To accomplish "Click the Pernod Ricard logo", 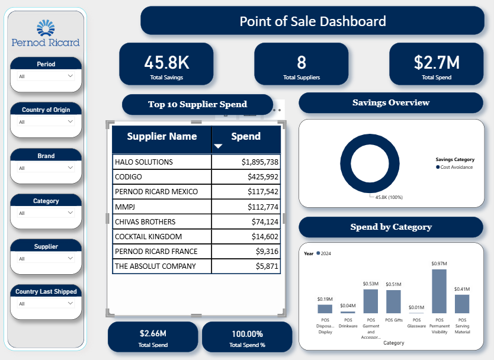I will pyautogui.click(x=45, y=33).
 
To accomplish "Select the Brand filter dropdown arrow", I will pyautogui.click(x=70, y=168).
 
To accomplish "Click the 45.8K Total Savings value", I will pyautogui.click(x=166, y=62).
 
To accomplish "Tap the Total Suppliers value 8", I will pyautogui.click(x=301, y=62).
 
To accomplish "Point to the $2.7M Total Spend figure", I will pyautogui.click(x=436, y=62).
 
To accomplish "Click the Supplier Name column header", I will pyautogui.click(x=162, y=136).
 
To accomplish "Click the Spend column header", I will pyautogui.click(x=246, y=136).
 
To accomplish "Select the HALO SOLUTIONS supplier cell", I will pyautogui.click(x=144, y=162).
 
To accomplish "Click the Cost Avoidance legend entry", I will pyautogui.click(x=456, y=168).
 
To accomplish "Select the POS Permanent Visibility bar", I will pyautogui.click(x=439, y=291).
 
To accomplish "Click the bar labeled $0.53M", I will pyautogui.click(x=371, y=301).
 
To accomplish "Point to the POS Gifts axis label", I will pyautogui.click(x=393, y=320).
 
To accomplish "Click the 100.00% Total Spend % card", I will pyautogui.click(x=246, y=337).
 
